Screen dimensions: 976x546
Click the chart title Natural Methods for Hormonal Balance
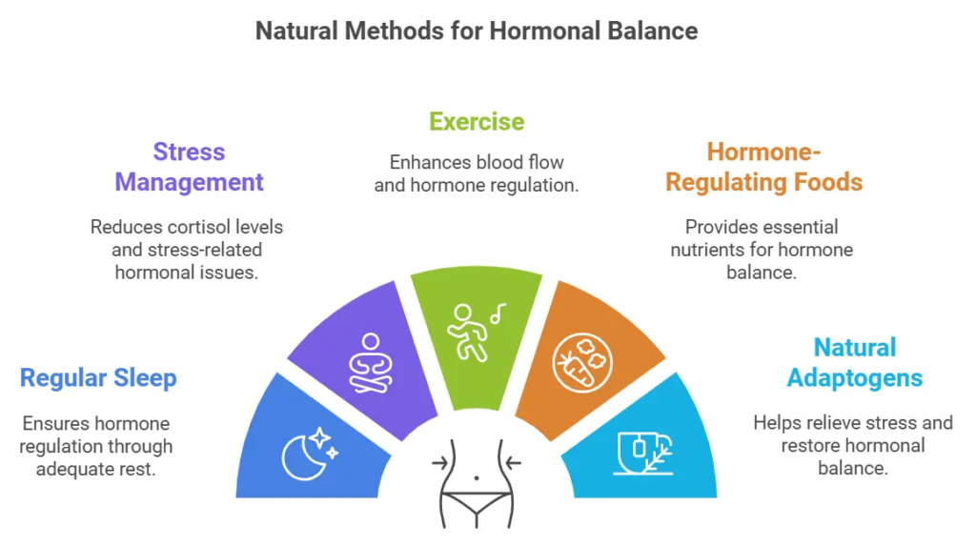tap(477, 31)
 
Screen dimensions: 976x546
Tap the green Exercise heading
tap(477, 122)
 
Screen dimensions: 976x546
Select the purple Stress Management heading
tap(189, 167)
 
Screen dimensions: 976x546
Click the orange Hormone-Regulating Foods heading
tap(763, 167)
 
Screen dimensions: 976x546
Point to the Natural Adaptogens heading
tap(855, 362)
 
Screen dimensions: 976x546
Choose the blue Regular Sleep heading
tap(98, 378)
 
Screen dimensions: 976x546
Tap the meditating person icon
tap(371, 364)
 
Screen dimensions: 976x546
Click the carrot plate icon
tap(582, 363)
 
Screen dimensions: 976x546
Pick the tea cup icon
tap(643, 454)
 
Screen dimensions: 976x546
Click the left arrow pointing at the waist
tap(440, 463)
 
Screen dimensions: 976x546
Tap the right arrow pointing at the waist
tap(513, 463)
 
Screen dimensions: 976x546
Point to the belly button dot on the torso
tap(477, 478)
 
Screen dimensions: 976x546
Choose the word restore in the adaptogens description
tap(808, 446)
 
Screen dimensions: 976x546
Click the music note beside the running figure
tap(498, 313)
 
